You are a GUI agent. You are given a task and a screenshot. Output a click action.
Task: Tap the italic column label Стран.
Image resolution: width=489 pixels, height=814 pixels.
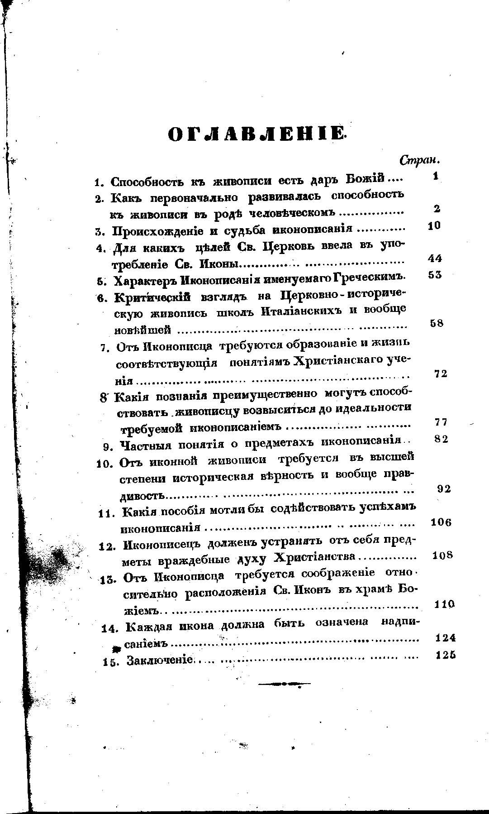[420, 160]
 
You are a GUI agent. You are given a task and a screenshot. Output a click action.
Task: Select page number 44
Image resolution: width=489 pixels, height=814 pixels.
[435, 259]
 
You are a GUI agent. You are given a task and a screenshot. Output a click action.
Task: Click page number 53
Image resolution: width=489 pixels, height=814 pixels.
[435, 275]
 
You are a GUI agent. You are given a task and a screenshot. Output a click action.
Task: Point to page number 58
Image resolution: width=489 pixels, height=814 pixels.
[437, 323]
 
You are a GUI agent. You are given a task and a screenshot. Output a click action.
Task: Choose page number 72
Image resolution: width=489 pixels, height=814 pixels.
[441, 373]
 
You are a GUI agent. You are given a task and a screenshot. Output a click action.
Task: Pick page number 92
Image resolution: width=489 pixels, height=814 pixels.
[444, 488]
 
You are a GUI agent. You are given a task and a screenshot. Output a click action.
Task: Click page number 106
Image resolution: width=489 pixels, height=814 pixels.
[441, 522]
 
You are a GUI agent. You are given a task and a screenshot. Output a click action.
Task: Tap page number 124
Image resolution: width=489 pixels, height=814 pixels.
[445, 637]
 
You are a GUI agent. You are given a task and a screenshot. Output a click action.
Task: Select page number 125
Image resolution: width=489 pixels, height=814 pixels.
[445, 655]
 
